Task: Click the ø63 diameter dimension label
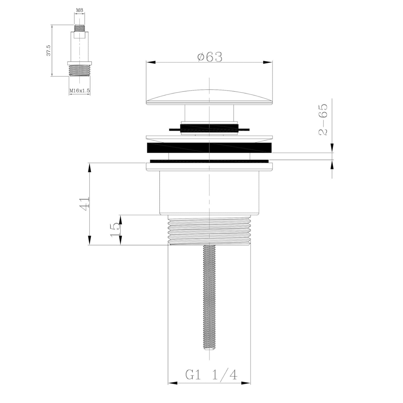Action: coord(210,57)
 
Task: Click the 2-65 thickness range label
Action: coord(323,119)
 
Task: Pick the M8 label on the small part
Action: coord(79,10)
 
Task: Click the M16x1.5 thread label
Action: coord(79,91)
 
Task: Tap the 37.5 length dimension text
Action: coord(49,50)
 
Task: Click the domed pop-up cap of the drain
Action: coord(209,97)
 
